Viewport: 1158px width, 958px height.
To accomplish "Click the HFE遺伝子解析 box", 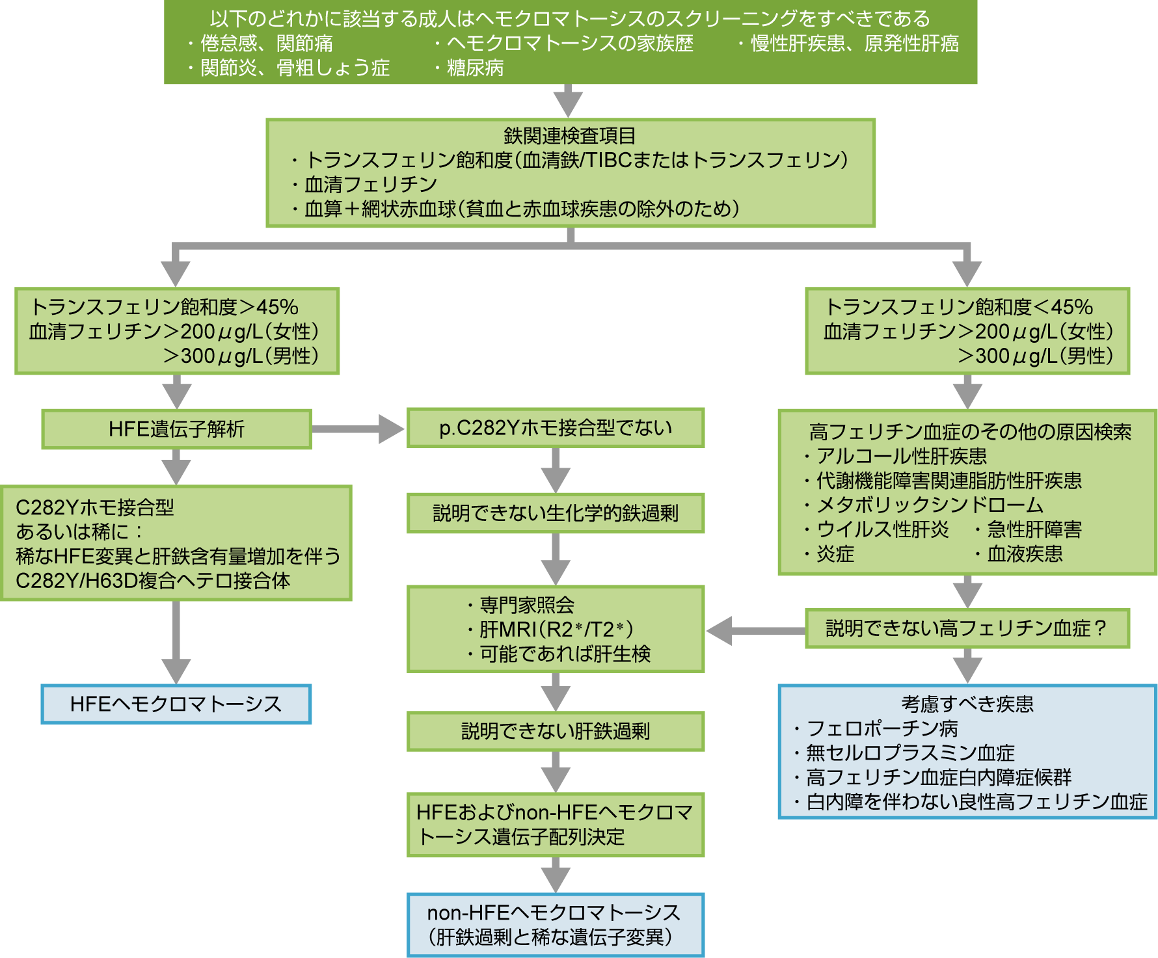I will tap(176, 429).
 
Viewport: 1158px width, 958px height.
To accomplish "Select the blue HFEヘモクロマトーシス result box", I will tap(176, 704).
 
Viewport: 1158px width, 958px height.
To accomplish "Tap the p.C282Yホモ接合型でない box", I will tap(556, 428).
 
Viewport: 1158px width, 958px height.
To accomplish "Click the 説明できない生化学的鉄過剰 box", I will tap(556, 513).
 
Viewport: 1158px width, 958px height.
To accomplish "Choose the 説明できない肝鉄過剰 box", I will tap(556, 732).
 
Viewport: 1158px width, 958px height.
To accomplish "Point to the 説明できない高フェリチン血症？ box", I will tap(967, 628).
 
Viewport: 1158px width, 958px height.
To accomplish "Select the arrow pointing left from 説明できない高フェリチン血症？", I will tap(755, 630).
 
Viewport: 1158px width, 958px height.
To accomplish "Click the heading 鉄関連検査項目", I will tap(570, 135).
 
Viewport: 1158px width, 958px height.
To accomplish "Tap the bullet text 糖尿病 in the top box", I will tap(475, 68).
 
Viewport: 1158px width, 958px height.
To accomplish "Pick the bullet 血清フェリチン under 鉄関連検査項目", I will tap(371, 185).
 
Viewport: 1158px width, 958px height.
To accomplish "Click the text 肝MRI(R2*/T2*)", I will tap(556, 630).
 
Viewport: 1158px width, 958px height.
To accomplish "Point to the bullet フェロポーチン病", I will tap(882, 728).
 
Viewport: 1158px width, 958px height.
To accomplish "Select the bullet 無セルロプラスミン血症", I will tap(910, 753).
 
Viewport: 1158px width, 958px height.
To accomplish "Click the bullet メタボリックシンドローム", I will tap(930, 505).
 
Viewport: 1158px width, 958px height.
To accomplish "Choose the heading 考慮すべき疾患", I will tap(967, 704).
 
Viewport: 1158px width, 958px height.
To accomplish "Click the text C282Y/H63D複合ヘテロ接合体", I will tap(153, 581).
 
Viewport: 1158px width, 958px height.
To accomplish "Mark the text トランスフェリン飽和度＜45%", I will tap(959, 307).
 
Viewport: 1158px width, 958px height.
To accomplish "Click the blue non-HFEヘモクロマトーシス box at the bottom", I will tap(556, 925).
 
